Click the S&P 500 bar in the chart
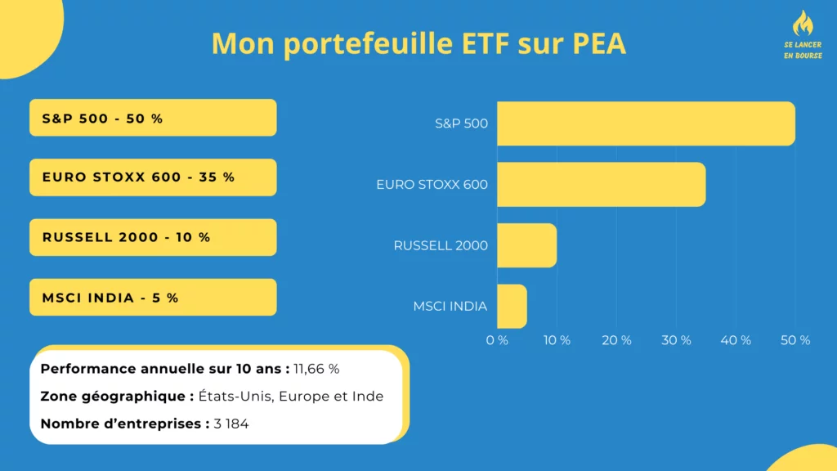pos(646,123)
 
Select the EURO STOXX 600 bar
pos(601,184)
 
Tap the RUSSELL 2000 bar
pos(526,245)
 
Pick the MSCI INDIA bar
pos(512,306)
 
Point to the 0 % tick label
pos(497,340)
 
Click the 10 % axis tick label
pos(557,340)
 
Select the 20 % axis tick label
pos(616,340)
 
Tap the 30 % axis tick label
pos(676,340)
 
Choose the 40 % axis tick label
pos(736,340)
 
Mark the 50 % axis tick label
pos(795,340)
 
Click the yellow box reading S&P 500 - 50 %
pos(153,118)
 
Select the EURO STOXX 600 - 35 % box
pos(153,177)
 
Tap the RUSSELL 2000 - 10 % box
pos(153,237)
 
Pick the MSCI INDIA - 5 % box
pos(153,297)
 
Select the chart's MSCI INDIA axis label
pos(450,307)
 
